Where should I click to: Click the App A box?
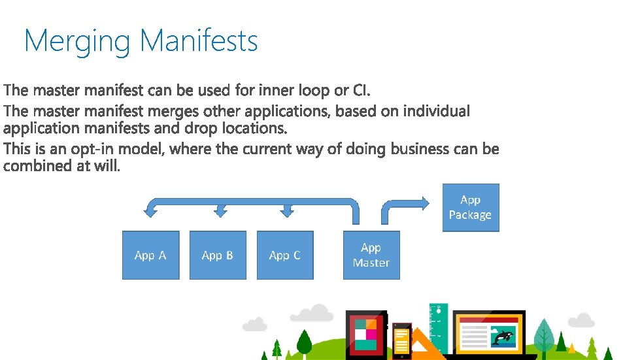coord(150,255)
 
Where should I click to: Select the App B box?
coord(218,255)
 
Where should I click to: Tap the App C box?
coord(285,255)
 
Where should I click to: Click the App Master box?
coord(371,255)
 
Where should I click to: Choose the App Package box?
coord(470,208)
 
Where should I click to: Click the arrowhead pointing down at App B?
coord(221,211)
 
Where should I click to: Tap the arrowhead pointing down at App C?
coord(286,211)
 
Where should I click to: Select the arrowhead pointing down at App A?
coord(150,210)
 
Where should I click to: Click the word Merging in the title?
coord(77,42)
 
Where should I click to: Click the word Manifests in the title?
coord(199,41)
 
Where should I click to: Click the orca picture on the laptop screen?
coord(502,336)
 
